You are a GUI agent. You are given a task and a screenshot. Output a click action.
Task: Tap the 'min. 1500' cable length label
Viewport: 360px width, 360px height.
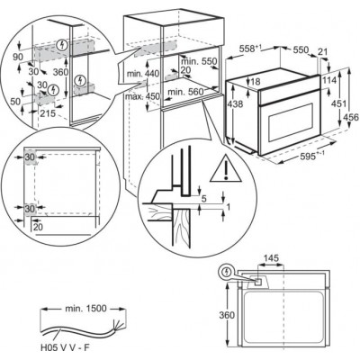tap(85, 308)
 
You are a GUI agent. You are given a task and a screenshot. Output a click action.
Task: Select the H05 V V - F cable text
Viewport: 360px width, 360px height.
tap(65, 347)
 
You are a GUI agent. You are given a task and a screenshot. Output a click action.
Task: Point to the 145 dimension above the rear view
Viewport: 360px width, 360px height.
tap(271, 258)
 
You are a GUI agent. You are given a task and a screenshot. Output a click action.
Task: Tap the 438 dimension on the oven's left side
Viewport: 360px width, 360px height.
tap(236, 103)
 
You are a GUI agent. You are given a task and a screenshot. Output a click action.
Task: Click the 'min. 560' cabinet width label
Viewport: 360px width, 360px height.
tap(185, 92)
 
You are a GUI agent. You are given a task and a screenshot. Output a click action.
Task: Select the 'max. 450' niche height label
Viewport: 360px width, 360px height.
tap(142, 96)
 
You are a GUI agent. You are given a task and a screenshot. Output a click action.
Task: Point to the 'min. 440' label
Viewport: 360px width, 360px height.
tap(143, 74)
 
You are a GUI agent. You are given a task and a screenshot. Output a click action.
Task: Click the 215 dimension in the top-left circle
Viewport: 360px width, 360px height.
tap(48, 113)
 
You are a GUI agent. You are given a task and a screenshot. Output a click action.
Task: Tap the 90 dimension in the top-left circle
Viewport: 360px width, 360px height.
tap(18, 57)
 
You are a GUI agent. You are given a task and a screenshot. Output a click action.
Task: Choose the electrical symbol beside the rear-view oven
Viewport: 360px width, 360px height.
tap(227, 272)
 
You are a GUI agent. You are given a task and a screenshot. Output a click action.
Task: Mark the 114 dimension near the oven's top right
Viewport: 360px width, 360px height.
tap(330, 80)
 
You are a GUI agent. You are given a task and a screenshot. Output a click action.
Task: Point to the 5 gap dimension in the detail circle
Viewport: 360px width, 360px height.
tap(204, 198)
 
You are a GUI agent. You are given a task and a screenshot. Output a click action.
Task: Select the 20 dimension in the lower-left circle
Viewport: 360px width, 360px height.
tap(38, 227)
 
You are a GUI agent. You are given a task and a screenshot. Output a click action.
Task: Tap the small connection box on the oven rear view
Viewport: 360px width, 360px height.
tap(257, 282)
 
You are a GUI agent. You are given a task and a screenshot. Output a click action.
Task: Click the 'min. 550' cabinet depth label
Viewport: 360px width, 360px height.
tap(199, 61)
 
